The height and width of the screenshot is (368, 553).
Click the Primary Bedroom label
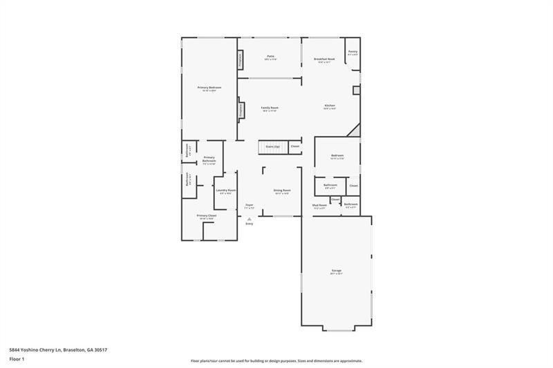tap(209, 88)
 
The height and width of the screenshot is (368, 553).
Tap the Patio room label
tap(271, 57)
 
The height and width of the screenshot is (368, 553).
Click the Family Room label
tap(270, 108)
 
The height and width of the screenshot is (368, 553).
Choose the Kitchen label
tap(330, 106)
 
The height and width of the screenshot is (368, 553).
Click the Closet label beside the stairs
tap(295, 146)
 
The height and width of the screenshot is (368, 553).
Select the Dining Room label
tap(281, 191)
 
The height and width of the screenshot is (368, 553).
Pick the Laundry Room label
tap(226, 191)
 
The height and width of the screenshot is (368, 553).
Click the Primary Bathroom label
tap(209, 160)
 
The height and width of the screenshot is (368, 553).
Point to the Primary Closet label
tap(207, 216)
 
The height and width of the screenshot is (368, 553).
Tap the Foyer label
tap(250, 205)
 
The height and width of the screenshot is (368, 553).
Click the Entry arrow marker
tap(250, 220)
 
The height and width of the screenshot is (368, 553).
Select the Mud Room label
tap(319, 205)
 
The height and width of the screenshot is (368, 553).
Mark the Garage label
tap(336, 271)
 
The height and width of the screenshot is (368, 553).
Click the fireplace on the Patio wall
tap(241, 60)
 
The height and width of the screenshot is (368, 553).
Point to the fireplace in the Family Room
tap(241, 110)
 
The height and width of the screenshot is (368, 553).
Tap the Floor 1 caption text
tap(17, 359)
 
